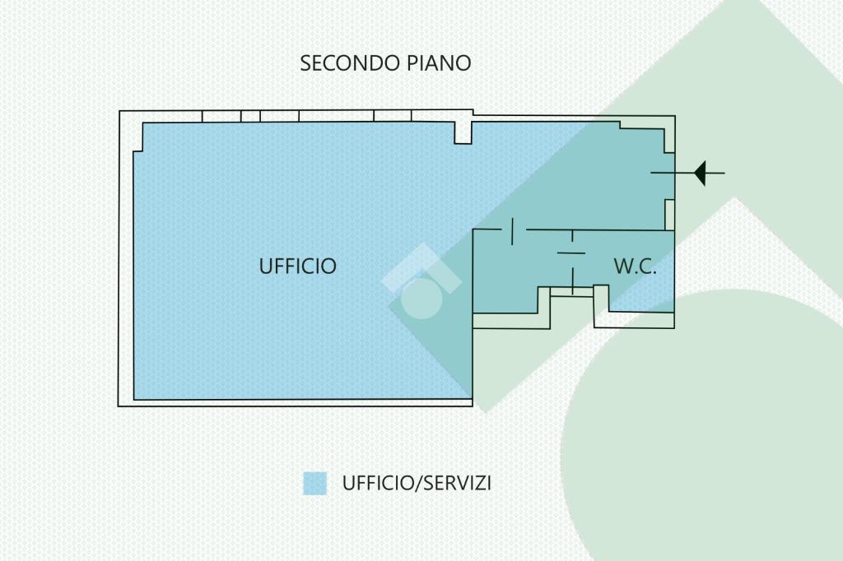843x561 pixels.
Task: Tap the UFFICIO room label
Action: point(298,266)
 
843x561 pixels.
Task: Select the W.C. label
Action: point(635,267)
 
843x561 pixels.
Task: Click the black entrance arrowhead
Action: point(700,173)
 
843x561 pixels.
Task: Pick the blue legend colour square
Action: point(314,483)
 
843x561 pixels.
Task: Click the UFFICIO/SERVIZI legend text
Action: point(417,483)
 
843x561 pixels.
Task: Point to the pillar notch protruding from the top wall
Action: point(463,132)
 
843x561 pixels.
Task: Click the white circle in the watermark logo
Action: point(422,299)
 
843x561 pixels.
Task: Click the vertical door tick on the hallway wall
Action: point(512,231)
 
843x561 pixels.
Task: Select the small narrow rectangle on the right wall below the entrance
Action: point(670,215)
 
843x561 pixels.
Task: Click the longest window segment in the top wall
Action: point(337,116)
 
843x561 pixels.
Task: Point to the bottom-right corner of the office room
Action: point(472,399)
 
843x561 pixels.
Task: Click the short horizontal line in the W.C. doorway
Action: point(571,253)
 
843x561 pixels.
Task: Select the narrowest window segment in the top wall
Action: point(250,116)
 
